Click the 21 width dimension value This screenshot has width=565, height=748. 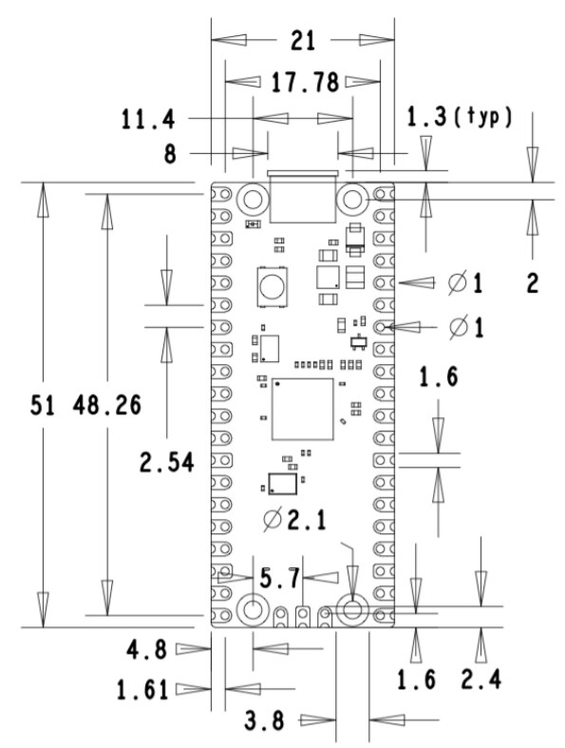pos(303,41)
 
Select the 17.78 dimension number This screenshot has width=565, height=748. pos(305,82)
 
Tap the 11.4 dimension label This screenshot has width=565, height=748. pos(148,119)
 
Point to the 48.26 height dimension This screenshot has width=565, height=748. pos(107,405)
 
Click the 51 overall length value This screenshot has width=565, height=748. pos(43,405)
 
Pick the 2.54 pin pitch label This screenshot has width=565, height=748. pos(167,462)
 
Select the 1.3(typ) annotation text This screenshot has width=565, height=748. pos(460,117)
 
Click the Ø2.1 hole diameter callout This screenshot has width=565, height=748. pos(295,520)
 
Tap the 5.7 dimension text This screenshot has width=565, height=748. pos(280,578)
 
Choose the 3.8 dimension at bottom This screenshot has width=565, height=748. pos(264,720)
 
